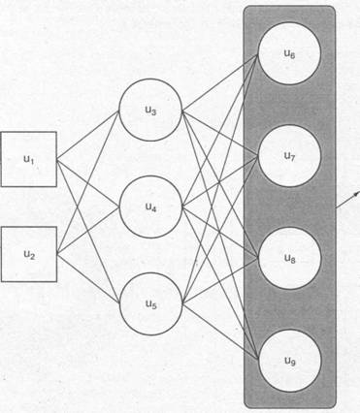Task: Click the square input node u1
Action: [29, 159]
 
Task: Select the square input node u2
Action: [29, 254]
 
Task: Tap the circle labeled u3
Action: [150, 110]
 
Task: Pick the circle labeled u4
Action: [150, 206]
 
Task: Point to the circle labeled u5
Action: [150, 303]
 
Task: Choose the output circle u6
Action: [289, 53]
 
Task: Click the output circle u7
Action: [289, 156]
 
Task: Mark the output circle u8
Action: [289, 258]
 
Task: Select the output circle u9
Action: [290, 361]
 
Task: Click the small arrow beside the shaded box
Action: [347, 201]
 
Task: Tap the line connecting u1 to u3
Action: [88, 135]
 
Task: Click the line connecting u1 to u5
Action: [88, 231]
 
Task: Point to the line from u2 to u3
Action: [88, 182]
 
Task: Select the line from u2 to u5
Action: [88, 278]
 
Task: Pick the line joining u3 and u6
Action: [220, 82]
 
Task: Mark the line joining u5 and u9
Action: [220, 332]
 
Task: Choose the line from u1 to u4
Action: [88, 183]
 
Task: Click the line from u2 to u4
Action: [88, 231]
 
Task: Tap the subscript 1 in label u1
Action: [32, 162]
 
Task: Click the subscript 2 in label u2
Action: [32, 257]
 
